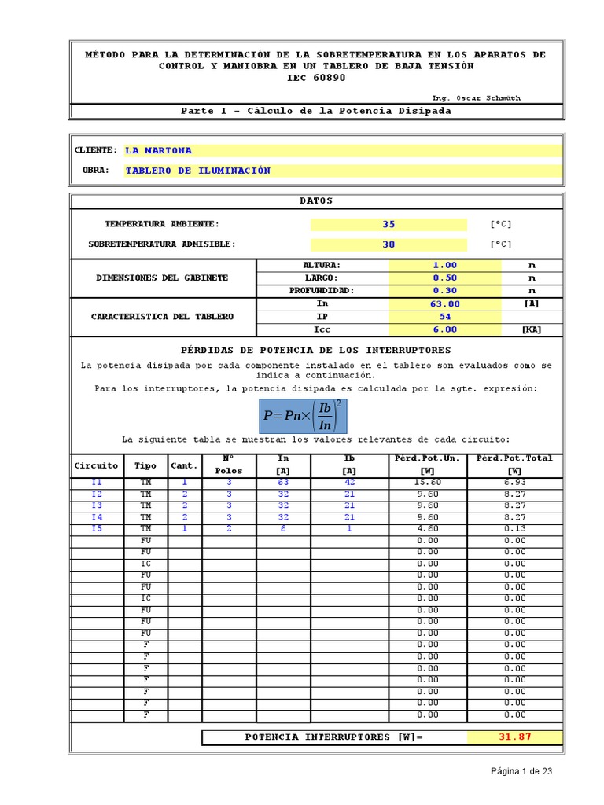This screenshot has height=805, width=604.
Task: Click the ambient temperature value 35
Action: click(x=389, y=224)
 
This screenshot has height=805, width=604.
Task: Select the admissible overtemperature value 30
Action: click(x=389, y=244)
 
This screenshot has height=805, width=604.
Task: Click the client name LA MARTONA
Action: click(x=159, y=150)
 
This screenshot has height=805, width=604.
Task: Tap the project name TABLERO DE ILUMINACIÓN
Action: click(x=198, y=171)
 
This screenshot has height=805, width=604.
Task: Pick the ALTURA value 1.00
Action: click(x=444, y=266)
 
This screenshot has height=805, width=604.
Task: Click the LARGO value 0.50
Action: click(x=444, y=278)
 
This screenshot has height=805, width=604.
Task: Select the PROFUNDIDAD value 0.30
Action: click(x=444, y=291)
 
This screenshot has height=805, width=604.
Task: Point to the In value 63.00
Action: click(x=444, y=304)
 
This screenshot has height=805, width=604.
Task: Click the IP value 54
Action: click(x=444, y=317)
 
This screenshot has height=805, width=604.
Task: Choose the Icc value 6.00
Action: click(x=444, y=330)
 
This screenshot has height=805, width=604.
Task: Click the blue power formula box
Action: click(x=303, y=415)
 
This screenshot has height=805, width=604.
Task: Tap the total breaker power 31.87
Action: click(x=515, y=737)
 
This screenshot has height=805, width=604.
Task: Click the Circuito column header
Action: click(x=96, y=465)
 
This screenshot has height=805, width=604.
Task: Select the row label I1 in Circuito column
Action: click(x=96, y=483)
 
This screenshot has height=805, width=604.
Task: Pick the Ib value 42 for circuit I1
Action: click(x=349, y=483)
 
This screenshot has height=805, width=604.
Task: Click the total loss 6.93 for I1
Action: click(x=515, y=483)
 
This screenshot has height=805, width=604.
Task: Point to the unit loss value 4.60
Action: click(x=428, y=529)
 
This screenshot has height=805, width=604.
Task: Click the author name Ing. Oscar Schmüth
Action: click(x=476, y=98)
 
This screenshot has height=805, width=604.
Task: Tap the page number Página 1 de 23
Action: click(x=521, y=771)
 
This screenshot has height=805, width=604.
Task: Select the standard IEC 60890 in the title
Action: click(x=315, y=78)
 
